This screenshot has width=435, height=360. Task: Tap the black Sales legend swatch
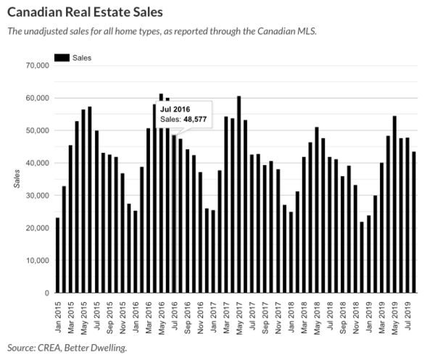click(61, 56)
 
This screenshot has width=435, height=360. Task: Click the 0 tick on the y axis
click(44, 293)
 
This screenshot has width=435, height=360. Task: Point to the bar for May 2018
click(317, 210)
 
